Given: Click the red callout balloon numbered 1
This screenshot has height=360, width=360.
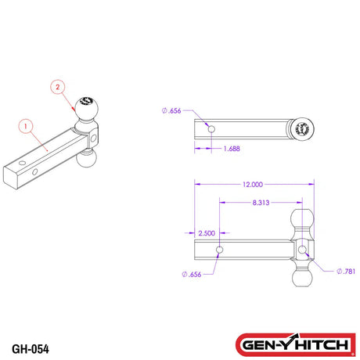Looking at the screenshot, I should (24, 124).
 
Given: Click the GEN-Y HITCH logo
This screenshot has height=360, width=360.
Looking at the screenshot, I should (296, 344).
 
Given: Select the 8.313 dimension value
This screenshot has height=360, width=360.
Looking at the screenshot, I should (262, 202).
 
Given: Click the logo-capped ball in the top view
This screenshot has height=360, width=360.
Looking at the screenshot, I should (301, 130).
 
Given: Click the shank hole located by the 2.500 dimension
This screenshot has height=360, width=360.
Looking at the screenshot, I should (220, 250).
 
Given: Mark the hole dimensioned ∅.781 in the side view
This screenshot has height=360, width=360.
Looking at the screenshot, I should (302, 250).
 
